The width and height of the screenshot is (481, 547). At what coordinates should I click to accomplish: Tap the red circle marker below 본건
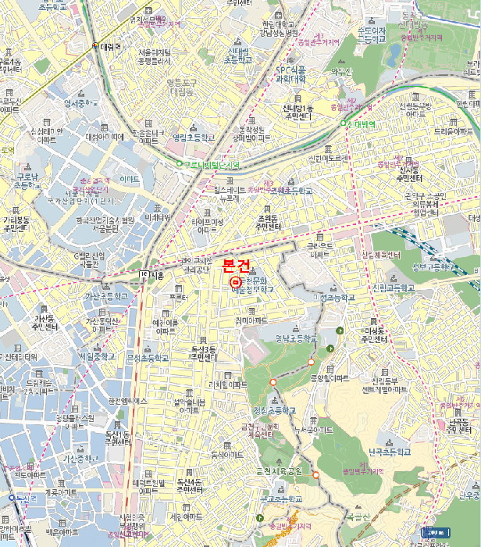point(236,281)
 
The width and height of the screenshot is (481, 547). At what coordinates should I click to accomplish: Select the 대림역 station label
point(111,46)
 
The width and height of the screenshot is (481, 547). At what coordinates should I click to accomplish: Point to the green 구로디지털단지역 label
point(211,164)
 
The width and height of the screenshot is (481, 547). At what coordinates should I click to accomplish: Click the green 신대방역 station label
point(360,123)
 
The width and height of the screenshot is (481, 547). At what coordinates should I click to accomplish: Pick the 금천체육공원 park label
point(279,471)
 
